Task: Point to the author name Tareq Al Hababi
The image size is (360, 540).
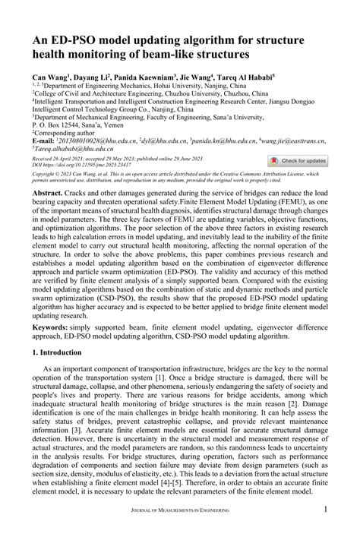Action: [x=247, y=77]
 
